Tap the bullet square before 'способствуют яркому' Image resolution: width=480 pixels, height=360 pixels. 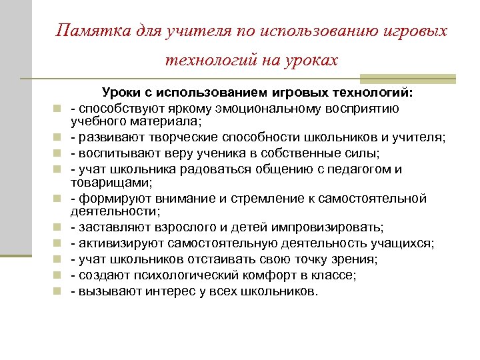[x=59, y=109]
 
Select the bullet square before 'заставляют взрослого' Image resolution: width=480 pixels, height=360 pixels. [x=59, y=228]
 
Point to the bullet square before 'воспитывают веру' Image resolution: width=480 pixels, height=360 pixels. [x=59, y=153]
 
